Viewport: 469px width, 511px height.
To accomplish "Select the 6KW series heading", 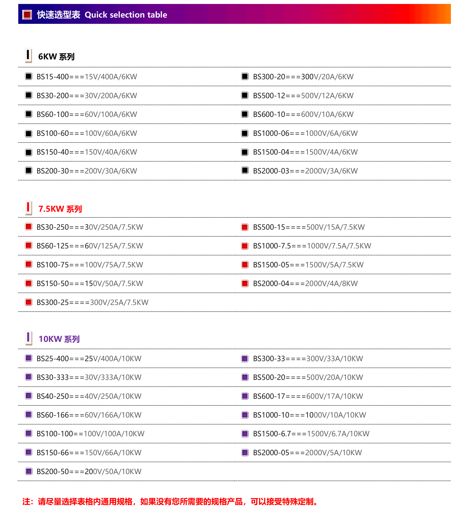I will click(56, 57).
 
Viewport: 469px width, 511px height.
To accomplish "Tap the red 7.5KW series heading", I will click(60, 209).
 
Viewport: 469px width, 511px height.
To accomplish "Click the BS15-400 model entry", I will click(87, 77).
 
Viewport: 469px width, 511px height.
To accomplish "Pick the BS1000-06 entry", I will click(305, 133).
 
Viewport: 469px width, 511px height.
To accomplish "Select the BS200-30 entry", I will click(87, 171).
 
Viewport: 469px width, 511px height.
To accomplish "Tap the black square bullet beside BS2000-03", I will click(245, 170).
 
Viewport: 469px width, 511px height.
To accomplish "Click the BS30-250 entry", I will click(90, 227).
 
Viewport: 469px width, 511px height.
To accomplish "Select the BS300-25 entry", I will click(92, 302).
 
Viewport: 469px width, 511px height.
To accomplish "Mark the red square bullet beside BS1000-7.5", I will click(245, 246).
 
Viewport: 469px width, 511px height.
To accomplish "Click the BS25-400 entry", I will click(89, 359).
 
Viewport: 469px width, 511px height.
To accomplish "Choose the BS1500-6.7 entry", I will click(311, 434).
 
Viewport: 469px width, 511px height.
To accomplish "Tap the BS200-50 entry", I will click(89, 471).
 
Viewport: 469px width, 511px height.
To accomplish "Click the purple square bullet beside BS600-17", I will click(245, 396).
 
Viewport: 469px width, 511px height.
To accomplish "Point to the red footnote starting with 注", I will click(170, 502).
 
